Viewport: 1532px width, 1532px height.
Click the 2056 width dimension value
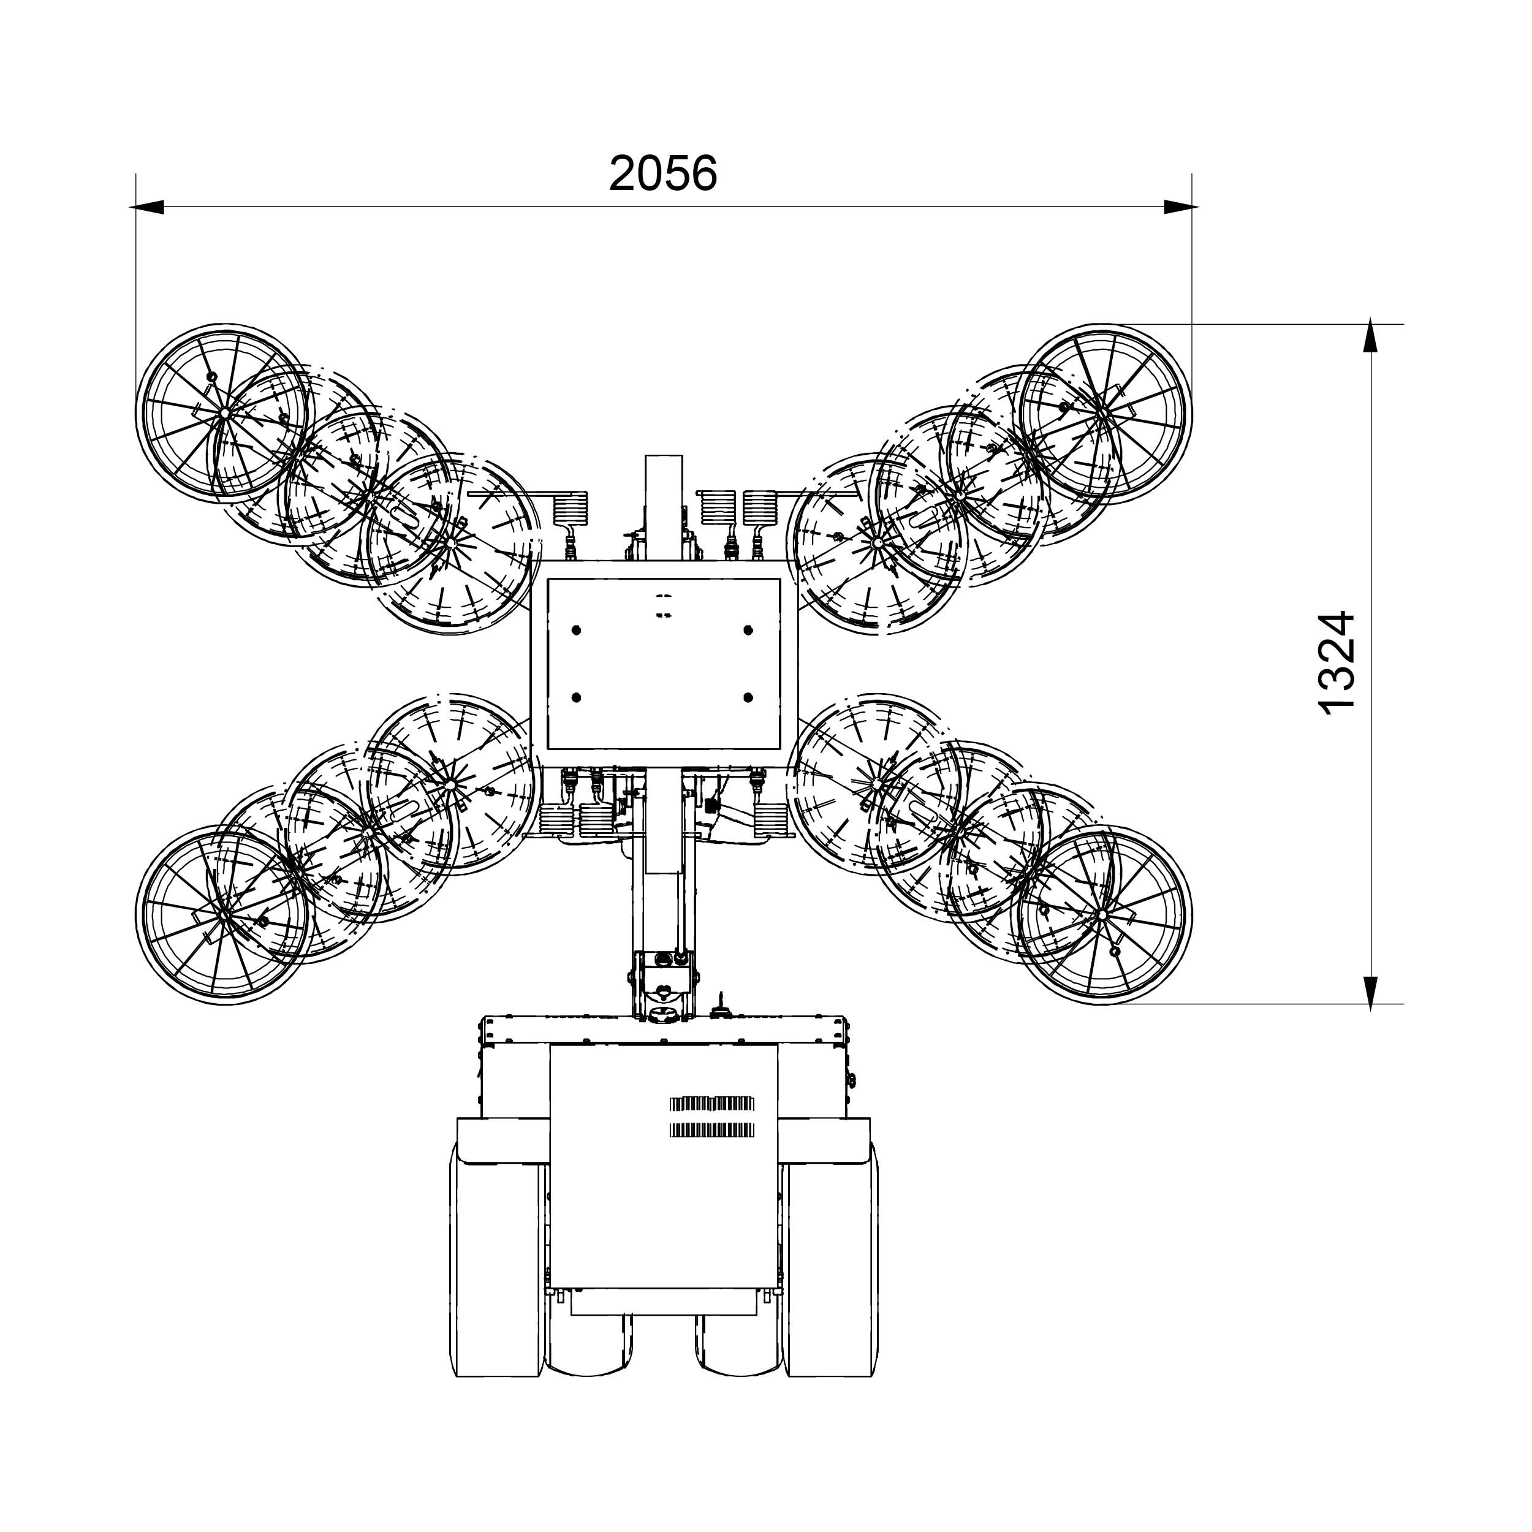(x=663, y=173)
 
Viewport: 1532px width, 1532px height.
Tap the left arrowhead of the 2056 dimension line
(x=146, y=207)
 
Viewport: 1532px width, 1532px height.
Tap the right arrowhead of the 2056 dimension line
(x=1181, y=207)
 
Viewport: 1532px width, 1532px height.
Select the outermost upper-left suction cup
(x=224, y=413)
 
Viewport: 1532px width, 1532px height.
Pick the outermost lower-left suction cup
(x=224, y=914)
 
